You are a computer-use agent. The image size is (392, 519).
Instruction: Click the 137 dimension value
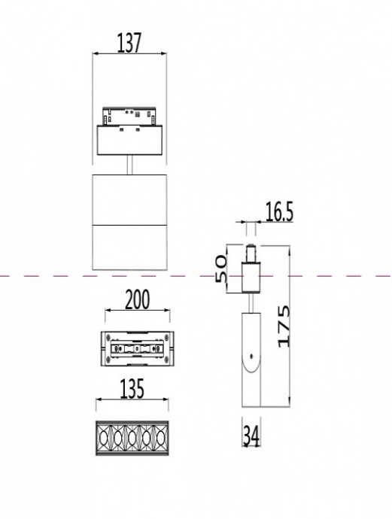tap(129, 43)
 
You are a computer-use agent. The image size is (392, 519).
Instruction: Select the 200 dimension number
tap(136, 300)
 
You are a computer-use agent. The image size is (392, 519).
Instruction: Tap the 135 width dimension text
tap(131, 389)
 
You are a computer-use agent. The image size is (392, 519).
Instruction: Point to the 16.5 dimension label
tap(279, 213)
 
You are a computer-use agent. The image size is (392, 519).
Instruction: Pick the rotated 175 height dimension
tap(283, 326)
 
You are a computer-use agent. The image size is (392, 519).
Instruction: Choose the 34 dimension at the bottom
tap(251, 436)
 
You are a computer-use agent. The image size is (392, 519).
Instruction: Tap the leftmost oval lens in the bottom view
tap(105, 437)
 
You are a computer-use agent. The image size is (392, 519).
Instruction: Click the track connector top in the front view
tap(130, 117)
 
